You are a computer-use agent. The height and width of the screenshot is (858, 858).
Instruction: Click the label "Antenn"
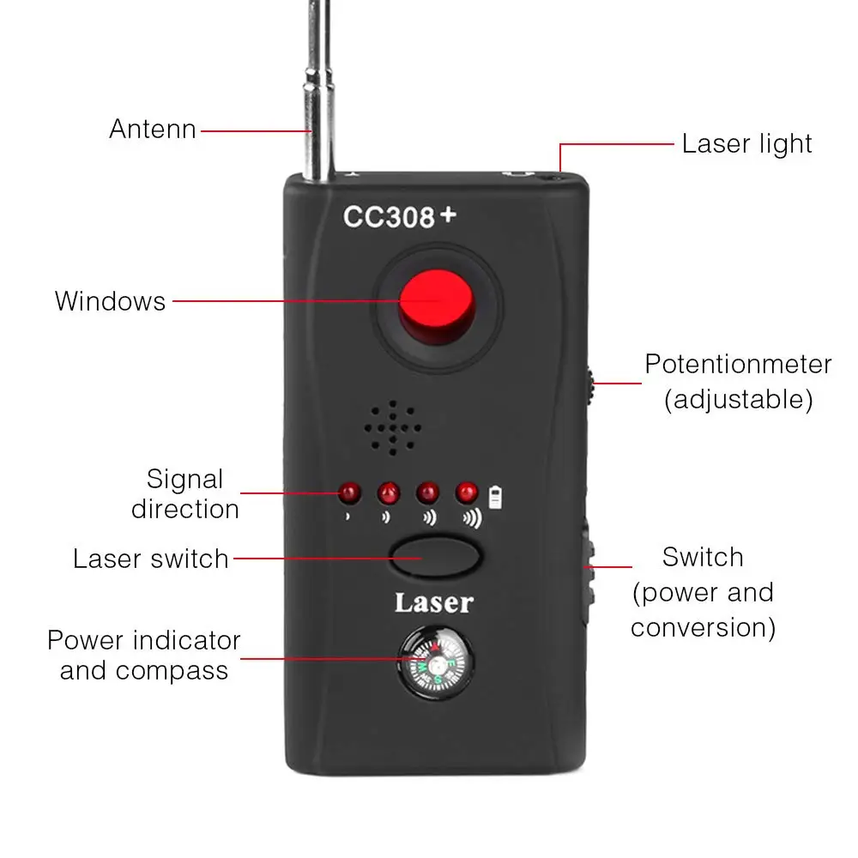tap(153, 130)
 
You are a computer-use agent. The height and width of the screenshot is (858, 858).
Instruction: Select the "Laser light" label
tap(746, 143)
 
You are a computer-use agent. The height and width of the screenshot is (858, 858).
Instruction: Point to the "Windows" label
tap(110, 301)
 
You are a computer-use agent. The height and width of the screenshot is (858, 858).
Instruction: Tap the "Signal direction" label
tap(184, 493)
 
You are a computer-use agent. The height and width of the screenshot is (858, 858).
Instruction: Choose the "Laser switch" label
tap(151, 559)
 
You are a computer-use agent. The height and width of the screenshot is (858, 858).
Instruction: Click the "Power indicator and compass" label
tap(144, 655)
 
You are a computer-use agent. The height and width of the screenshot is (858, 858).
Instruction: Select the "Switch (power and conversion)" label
tap(703, 592)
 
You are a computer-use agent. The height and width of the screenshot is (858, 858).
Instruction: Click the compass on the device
tap(434, 664)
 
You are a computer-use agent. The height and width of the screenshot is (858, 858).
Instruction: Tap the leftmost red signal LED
tap(349, 493)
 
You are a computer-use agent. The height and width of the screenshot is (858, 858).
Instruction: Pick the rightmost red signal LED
tap(467, 492)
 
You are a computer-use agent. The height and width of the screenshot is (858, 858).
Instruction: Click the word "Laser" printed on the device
tap(433, 602)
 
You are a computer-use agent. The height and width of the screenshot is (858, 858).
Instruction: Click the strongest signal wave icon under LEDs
tap(471, 518)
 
